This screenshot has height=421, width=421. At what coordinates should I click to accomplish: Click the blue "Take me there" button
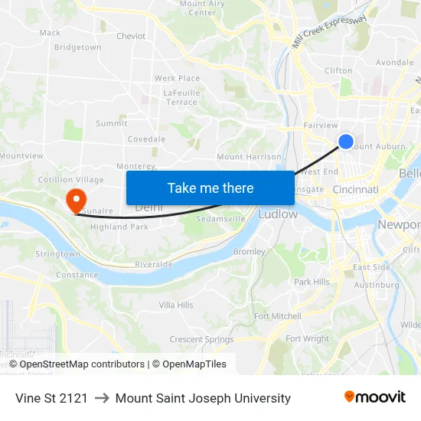pos(210,188)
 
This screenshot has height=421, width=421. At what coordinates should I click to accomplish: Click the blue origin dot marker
pos(346,141)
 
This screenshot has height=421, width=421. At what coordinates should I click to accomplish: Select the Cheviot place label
pos(131,36)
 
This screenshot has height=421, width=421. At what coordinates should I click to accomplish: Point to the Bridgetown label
pos(77,47)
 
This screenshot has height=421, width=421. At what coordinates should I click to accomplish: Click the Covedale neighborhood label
pos(146,139)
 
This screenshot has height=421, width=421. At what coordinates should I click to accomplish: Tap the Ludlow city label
pos(278,214)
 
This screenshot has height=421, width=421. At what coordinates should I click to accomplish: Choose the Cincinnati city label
pos(356,189)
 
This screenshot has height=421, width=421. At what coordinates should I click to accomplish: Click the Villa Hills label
pos(176,305)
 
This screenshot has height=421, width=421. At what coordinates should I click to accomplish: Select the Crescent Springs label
pos(201,339)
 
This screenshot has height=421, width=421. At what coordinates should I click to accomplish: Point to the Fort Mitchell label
pos(277,316)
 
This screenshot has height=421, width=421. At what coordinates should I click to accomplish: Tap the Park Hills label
pos(312,282)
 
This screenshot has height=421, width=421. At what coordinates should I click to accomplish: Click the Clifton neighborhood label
pos(338,70)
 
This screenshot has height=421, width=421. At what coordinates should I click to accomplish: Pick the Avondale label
pos(395,62)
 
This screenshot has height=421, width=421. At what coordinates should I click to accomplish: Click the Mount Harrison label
pos(250,157)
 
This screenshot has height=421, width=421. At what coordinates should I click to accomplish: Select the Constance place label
pos(77,275)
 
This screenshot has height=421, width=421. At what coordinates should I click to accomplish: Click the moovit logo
pos(374,397)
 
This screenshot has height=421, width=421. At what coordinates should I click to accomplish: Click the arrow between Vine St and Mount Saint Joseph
pos(102,398)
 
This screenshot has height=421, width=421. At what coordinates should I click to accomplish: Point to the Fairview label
pos(321,125)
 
